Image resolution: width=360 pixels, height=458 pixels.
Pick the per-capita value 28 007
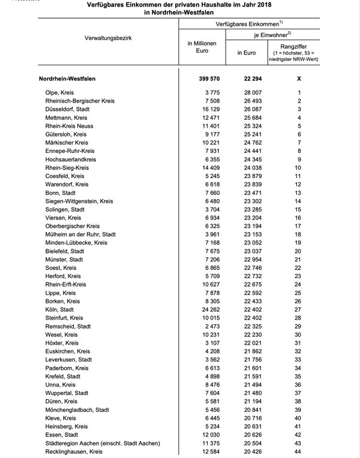(x=249, y=93)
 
